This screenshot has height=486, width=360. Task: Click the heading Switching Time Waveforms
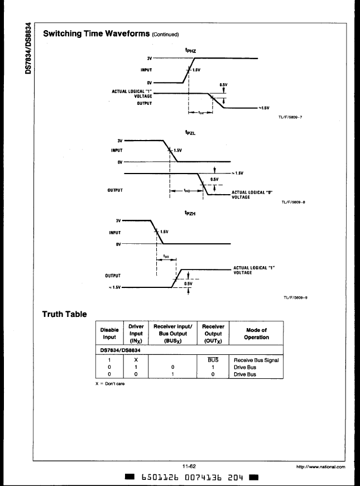(97, 33)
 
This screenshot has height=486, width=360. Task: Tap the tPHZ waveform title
(190, 51)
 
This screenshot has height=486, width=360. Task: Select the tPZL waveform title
(190, 133)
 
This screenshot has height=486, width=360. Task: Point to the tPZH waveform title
(190, 213)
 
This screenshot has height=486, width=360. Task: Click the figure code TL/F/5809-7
(290, 117)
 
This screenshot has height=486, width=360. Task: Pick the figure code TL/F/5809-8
(294, 202)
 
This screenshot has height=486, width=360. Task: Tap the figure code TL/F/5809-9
(295, 297)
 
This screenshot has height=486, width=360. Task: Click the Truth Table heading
(65, 314)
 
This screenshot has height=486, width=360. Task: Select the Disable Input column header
(109, 334)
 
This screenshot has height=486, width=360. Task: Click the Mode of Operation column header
(256, 334)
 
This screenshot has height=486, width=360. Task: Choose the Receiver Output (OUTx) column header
(213, 334)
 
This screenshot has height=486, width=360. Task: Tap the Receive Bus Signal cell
(256, 360)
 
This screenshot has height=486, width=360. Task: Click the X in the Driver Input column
(136, 360)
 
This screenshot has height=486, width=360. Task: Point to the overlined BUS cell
(213, 360)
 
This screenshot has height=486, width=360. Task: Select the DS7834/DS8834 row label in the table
(121, 350)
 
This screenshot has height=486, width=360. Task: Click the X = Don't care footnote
(110, 384)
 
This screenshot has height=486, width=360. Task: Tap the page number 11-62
(189, 466)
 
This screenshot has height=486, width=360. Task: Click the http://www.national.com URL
(320, 467)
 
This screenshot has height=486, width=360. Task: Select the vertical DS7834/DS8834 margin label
(28, 48)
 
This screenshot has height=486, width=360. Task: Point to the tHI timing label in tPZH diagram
(166, 256)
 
